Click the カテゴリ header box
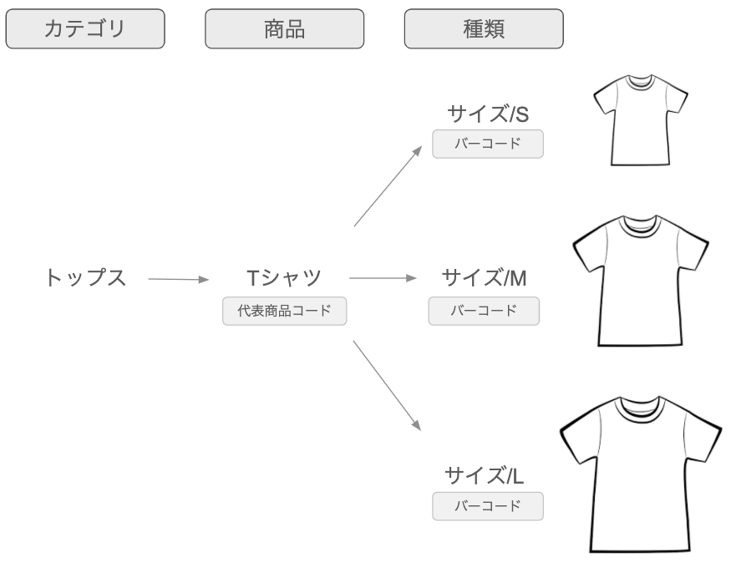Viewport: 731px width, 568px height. pyautogui.click(x=85, y=29)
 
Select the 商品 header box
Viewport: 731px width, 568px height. pyautogui.click(x=285, y=29)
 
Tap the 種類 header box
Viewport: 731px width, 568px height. pyautogui.click(x=484, y=29)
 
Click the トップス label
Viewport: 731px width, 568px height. pyautogui.click(x=85, y=277)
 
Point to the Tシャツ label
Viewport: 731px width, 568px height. pyautogui.click(x=284, y=277)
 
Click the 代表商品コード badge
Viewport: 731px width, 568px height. pyautogui.click(x=284, y=312)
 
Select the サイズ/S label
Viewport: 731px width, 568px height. pyautogui.click(x=488, y=114)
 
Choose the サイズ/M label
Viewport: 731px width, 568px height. pyautogui.click(x=485, y=277)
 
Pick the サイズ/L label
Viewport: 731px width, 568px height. pyautogui.click(x=485, y=476)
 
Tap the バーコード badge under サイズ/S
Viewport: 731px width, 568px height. pyautogui.click(x=488, y=144)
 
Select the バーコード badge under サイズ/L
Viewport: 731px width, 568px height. pyautogui.click(x=488, y=506)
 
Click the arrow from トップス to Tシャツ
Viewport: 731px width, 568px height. pyautogui.click(x=178, y=279)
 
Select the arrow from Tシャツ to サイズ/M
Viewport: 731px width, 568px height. pyautogui.click(x=382, y=278)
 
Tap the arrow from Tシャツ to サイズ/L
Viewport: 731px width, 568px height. pyautogui.click(x=387, y=385)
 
